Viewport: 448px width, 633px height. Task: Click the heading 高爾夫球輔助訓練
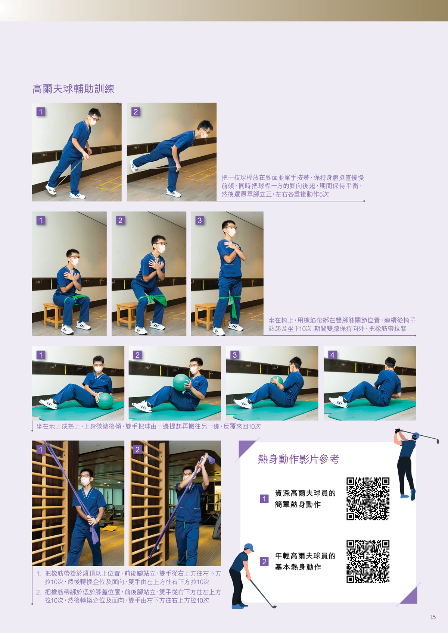[x=73, y=89]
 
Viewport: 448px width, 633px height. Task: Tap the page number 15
[x=432, y=617]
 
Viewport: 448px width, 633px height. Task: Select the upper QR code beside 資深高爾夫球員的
[x=368, y=499]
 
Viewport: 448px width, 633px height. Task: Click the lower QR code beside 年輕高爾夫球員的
[x=368, y=561]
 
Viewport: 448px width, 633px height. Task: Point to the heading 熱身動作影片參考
[x=298, y=459]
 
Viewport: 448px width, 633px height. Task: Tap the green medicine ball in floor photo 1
[x=105, y=401]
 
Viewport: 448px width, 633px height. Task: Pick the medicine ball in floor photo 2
[x=181, y=382]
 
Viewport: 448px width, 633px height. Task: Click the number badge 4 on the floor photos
[x=332, y=355]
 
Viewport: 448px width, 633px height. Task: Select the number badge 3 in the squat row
[x=200, y=220]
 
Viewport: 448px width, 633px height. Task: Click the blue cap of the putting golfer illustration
[x=249, y=547]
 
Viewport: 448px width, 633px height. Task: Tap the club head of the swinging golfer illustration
[x=438, y=441]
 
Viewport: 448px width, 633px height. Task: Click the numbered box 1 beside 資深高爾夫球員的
[x=264, y=499]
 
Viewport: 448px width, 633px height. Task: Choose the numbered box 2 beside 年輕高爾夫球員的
[x=264, y=561]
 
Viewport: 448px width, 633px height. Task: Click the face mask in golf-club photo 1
[x=93, y=122]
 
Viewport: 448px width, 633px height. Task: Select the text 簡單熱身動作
[x=298, y=504]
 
